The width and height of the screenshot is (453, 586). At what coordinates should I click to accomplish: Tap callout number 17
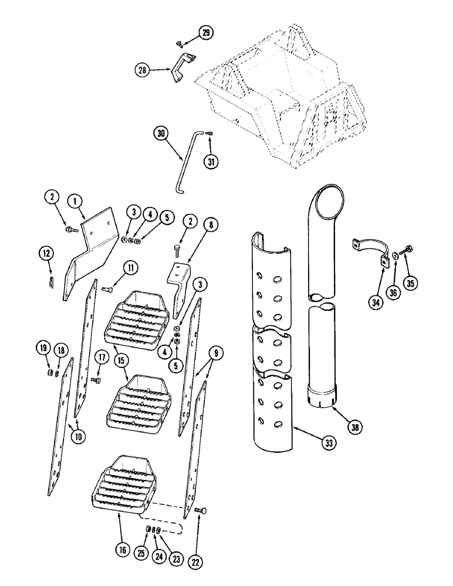point(101,357)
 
